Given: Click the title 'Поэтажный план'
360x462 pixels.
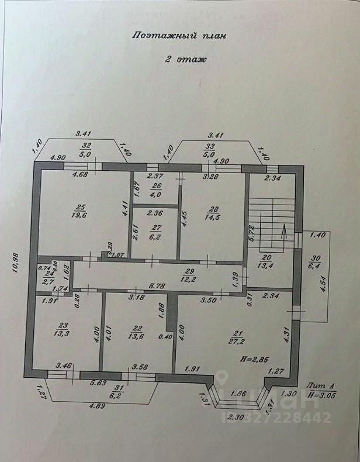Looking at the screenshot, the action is (178, 35).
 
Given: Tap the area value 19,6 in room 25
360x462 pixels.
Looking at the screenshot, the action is (80, 214).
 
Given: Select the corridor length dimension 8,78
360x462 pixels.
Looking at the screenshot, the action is (156, 286).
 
